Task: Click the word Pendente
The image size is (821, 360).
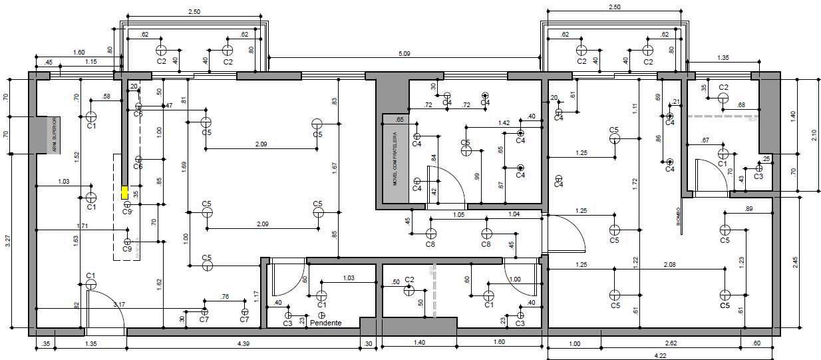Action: coord(326,323)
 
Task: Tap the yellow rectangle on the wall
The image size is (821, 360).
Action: coord(124,192)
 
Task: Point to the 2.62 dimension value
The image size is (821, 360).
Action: coord(670,343)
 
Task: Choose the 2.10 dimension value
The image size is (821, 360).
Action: coord(813,135)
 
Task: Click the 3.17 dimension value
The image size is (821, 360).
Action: coord(119,305)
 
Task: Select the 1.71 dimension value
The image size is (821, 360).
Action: coord(82,226)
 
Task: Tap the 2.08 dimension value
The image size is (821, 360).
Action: coord(670,265)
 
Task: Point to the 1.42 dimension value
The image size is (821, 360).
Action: coord(504,123)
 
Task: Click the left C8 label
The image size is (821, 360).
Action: coord(430,244)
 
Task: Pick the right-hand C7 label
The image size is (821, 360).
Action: coord(244,320)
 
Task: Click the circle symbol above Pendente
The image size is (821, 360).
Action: coord(322,315)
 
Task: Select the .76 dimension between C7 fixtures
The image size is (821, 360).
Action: coord(225,297)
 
